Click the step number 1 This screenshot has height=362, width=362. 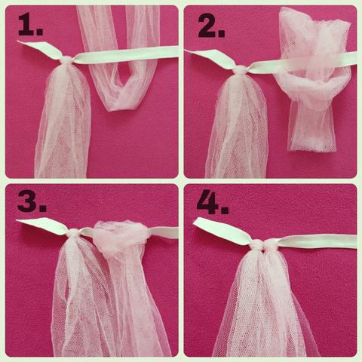[x=30, y=25]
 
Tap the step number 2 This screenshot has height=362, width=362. [x=211, y=26]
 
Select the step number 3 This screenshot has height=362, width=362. [x=32, y=201]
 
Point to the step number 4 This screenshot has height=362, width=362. [x=213, y=202]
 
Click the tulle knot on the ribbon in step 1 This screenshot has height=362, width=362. [x=68, y=61]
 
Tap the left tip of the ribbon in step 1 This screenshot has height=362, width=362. [x=17, y=41]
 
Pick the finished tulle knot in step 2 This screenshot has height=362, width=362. [x=241, y=70]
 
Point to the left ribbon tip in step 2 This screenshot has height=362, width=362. [x=186, y=51]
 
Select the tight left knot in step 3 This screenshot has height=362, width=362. [x=73, y=233]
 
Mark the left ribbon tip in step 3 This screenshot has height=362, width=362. [x=17, y=220]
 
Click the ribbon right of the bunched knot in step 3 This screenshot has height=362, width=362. [x=163, y=232]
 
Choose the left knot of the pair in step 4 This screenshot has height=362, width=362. [x=257, y=244]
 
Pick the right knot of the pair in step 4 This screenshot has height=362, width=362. [x=271, y=244]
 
